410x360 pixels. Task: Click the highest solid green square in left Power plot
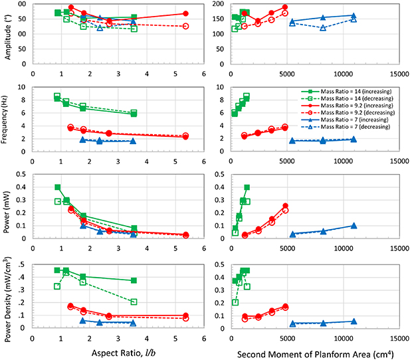point(58,187)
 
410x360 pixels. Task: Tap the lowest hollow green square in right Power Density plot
point(235,302)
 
